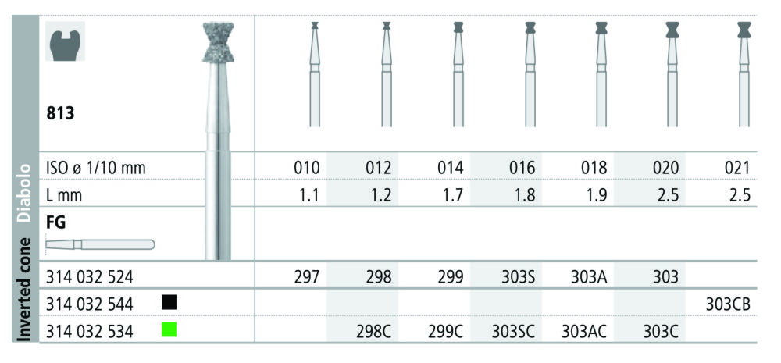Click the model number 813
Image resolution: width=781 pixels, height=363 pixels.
pos(60,113)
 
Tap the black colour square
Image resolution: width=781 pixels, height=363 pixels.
pos(169,302)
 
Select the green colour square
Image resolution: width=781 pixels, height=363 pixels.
pos(169,329)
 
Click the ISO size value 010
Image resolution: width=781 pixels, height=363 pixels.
pos(306,169)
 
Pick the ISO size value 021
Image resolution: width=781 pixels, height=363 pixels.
pos(738,169)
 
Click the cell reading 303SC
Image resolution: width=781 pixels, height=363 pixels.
pos(514,332)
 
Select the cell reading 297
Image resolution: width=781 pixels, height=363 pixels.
pos(306,277)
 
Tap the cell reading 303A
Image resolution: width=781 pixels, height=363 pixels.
pos(589,277)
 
